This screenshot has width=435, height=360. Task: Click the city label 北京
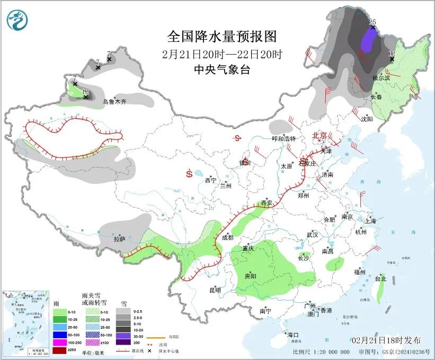pos(319,135)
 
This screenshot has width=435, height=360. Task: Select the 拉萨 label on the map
pos(119,239)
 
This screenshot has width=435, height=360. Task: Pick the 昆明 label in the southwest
pos(215,289)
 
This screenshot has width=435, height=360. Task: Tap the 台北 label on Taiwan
pos(380,278)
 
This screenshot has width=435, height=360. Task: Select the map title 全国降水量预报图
pos(222,36)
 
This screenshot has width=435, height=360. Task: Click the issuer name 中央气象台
pos(222,69)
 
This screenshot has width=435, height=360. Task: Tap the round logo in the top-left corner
pos(17,20)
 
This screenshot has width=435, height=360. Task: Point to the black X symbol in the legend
pos(149,352)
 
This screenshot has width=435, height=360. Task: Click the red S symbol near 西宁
pos(189,173)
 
